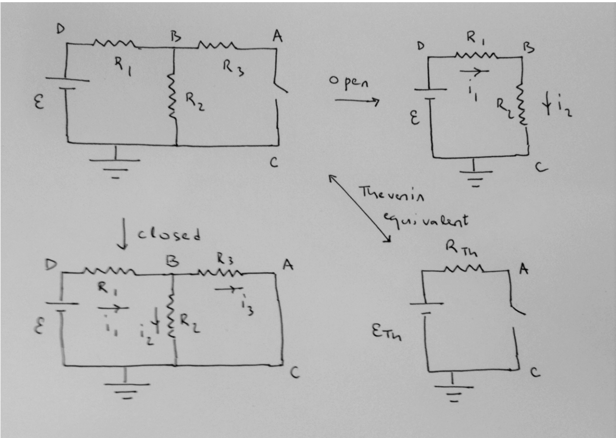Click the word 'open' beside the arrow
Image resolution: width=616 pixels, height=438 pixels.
click(x=349, y=82)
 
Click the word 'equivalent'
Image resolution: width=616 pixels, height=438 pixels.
click(x=425, y=221)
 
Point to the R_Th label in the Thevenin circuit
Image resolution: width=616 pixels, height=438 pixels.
click(x=461, y=249)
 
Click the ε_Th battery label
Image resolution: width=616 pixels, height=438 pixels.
click(x=387, y=333)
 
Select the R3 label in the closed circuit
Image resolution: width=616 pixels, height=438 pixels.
click(x=225, y=258)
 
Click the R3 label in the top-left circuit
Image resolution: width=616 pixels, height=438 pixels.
click(x=233, y=68)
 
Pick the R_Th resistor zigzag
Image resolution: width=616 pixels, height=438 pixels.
click(x=464, y=269)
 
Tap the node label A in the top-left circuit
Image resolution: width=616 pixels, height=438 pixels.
click(x=277, y=36)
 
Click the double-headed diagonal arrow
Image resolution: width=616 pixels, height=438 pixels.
click(x=359, y=209)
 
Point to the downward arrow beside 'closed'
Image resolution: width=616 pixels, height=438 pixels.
click(x=123, y=234)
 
